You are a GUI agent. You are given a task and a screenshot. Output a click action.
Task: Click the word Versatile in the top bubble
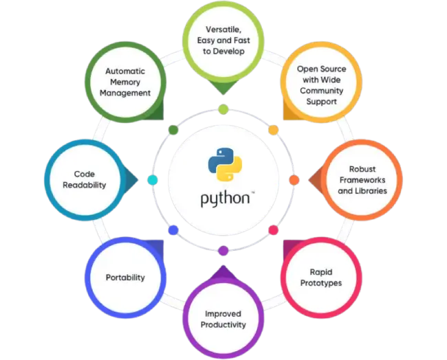[x=223, y=30]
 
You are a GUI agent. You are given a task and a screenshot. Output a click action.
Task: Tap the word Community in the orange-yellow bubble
[x=322, y=91]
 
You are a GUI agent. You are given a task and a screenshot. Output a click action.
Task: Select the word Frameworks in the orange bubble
[x=362, y=180]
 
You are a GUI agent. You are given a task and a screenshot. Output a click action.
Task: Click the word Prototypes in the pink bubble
[x=321, y=283]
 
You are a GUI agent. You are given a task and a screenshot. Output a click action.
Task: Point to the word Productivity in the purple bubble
[x=223, y=325]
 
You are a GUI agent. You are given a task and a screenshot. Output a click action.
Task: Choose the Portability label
[x=125, y=278]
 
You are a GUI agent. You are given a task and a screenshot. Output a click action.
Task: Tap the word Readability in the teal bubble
[x=85, y=185]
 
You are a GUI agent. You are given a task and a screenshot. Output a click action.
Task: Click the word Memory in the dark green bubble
[x=125, y=82]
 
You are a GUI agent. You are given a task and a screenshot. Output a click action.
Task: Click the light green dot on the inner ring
[x=223, y=109]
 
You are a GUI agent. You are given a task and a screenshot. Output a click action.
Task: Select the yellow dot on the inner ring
[x=274, y=130]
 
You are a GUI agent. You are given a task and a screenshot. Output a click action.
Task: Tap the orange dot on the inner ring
[x=294, y=180]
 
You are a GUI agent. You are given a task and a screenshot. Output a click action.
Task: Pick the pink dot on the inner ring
[x=274, y=230]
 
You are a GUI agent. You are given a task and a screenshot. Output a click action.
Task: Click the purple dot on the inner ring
[x=223, y=251]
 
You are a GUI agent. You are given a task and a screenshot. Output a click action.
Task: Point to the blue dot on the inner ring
[x=173, y=230]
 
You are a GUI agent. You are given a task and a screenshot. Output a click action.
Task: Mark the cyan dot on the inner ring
[x=153, y=180]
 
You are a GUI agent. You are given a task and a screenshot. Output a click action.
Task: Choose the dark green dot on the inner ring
[x=173, y=130]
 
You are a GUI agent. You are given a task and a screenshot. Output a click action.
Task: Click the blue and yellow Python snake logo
[x=225, y=164]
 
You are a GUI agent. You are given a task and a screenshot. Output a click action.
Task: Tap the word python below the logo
[x=225, y=199]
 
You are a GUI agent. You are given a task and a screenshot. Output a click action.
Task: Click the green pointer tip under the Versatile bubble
[x=223, y=95]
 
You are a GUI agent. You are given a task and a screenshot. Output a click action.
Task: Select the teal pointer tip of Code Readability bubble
[x=138, y=180]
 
